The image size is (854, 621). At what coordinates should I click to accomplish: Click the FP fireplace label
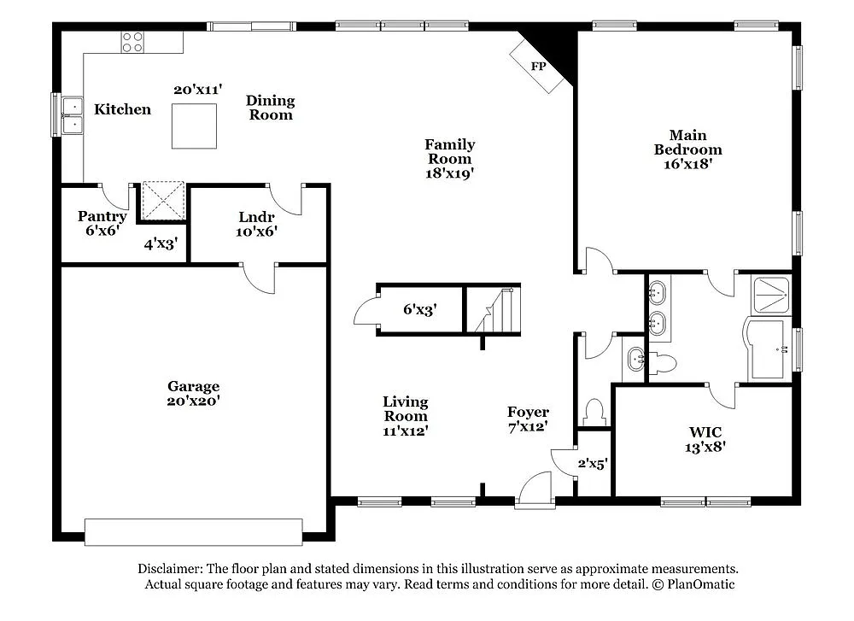coord(538,66)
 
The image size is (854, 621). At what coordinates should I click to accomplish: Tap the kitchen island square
coord(194,126)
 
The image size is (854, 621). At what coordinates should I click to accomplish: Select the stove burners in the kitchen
coord(132,42)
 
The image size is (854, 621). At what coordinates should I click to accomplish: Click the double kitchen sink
coord(72,115)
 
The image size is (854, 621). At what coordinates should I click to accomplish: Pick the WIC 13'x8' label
coord(705,438)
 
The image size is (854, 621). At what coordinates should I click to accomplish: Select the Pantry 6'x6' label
coord(102,223)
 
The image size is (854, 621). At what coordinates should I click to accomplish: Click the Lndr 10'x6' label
coord(256,223)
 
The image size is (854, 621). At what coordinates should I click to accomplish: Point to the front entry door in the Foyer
coord(536,493)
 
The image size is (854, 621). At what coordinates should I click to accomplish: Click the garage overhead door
coord(194,531)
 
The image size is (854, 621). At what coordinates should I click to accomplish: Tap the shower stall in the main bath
coord(770,293)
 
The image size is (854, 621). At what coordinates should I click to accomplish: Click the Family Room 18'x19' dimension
coord(449,172)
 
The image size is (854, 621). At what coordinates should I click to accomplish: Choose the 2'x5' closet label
coord(591,464)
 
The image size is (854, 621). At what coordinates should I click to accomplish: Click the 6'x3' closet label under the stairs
coord(420,310)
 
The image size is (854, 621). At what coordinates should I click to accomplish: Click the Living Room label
coord(405,408)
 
